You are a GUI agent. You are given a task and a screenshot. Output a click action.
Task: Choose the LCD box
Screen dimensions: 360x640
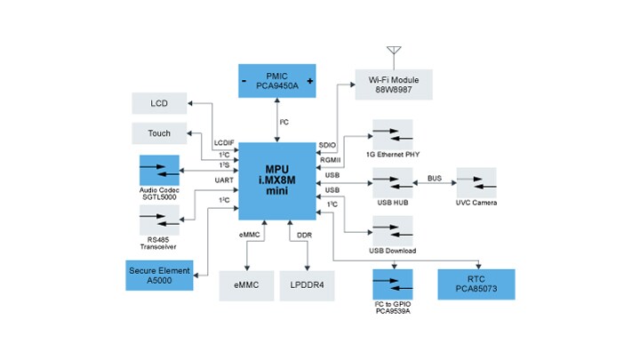pos(159,103)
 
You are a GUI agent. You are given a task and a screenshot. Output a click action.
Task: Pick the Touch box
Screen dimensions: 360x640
pos(159,133)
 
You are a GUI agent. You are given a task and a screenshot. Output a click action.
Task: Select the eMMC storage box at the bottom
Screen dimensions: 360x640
pos(246,286)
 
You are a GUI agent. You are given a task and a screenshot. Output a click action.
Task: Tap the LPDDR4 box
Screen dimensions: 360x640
pos(308,286)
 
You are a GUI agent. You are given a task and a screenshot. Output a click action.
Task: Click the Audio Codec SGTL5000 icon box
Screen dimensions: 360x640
pos(159,169)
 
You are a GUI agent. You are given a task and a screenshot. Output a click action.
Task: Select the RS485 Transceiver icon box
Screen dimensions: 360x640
pos(159,220)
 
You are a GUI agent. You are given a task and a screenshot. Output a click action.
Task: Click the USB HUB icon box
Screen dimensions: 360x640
pos(392,184)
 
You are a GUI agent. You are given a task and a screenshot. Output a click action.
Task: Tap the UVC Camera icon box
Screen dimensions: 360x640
pos(477,184)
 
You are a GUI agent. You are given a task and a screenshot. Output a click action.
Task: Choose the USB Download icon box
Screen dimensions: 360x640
pos(392,230)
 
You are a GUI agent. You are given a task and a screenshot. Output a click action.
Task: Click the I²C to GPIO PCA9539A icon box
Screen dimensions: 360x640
pos(392,285)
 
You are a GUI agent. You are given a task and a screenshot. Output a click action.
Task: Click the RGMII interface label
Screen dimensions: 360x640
pos(329,160)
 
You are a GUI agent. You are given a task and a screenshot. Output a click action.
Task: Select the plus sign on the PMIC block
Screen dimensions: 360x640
pos(310,82)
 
